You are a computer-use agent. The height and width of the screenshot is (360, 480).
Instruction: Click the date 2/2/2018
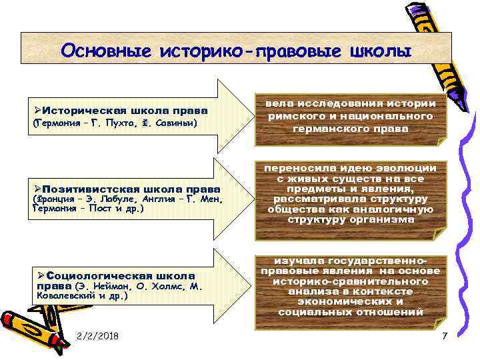(x=98, y=335)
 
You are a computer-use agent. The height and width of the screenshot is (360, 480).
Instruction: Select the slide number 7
(x=445, y=335)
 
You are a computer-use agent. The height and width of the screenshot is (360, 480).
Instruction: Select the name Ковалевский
(x=66, y=295)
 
